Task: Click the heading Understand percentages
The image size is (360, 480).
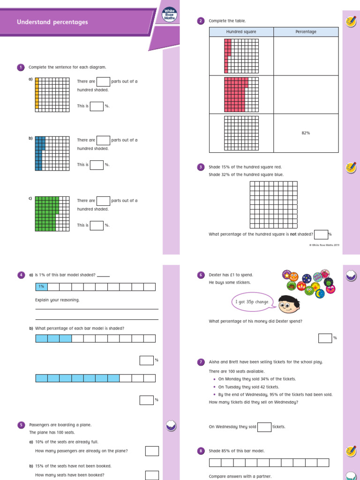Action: click(52, 22)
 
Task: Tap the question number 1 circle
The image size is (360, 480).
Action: click(21, 67)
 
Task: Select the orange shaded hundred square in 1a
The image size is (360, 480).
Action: click(52, 94)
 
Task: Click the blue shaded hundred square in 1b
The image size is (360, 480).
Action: click(52, 153)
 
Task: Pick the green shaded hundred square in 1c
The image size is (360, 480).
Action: click(52, 213)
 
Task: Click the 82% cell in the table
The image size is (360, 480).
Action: click(306, 133)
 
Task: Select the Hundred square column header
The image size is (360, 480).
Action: click(241, 32)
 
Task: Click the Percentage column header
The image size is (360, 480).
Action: click(306, 32)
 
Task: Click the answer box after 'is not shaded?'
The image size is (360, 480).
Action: click(321, 234)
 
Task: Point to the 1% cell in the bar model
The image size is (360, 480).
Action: click(41, 287)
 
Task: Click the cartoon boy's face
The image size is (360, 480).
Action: click(287, 305)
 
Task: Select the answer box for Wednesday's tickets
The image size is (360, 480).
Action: click(264, 427)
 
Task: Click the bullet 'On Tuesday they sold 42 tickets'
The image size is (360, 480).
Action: click(248, 387)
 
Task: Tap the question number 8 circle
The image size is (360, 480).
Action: click(201, 451)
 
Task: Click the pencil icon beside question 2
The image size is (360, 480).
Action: click(350, 21)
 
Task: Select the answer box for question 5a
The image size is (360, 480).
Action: click(152, 451)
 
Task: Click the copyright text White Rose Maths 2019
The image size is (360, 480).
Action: click(324, 245)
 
